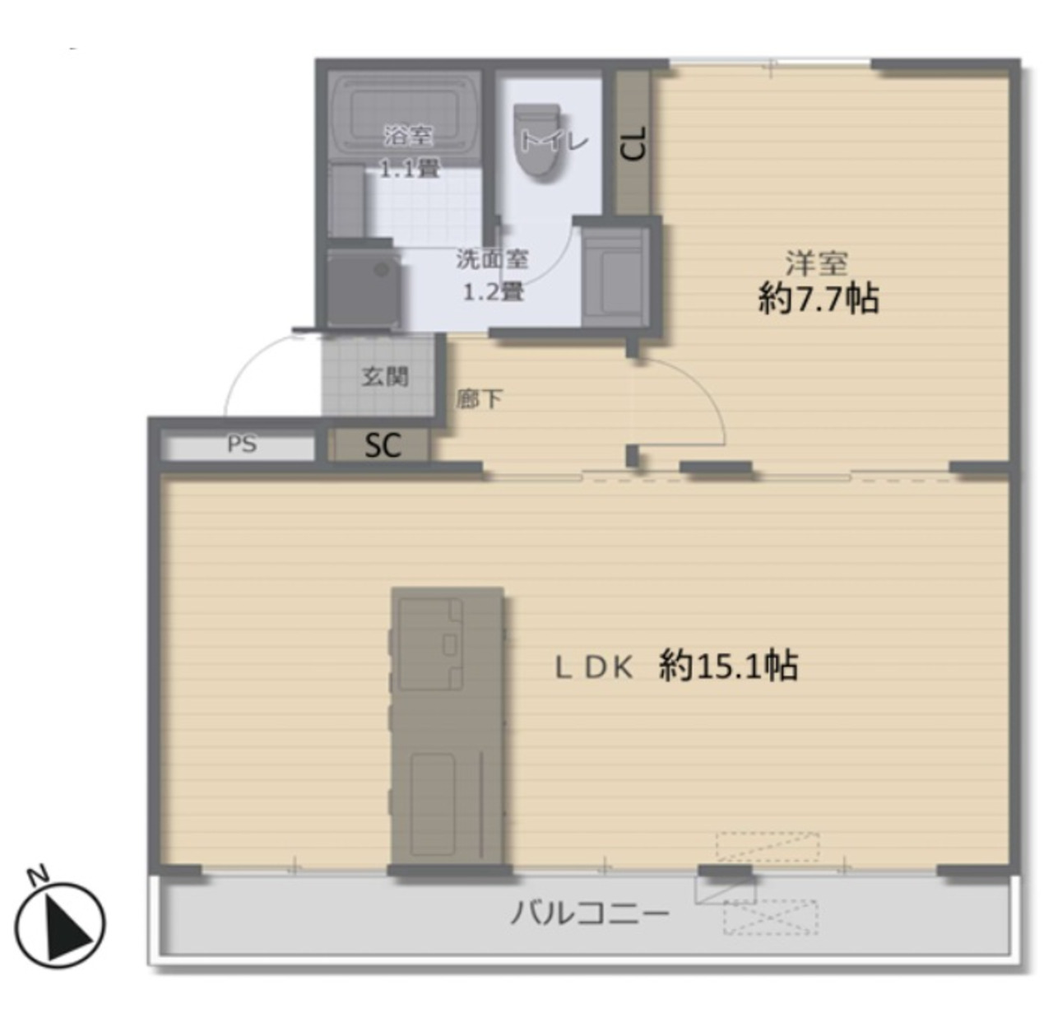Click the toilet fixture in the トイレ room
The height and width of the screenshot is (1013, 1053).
point(538,139)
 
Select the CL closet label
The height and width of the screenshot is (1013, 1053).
point(633,143)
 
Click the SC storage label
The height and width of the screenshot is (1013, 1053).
point(383,445)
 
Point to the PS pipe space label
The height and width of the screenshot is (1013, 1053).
point(241,444)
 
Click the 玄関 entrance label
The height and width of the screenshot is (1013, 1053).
point(385,377)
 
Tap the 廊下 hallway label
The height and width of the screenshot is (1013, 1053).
point(480,399)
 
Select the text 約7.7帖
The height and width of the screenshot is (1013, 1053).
point(819,299)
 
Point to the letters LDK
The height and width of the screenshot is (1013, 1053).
point(594,668)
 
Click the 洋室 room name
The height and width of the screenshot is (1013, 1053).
point(817,263)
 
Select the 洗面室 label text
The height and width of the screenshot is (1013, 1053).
point(492,259)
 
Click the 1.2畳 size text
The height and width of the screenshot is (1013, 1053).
point(493,292)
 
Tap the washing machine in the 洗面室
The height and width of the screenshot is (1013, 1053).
point(364,288)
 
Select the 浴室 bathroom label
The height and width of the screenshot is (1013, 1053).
point(409,136)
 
